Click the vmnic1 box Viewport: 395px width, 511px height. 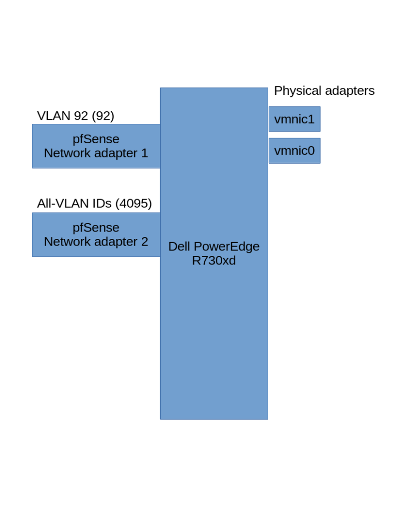point(294,119)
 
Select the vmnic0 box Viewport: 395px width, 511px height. point(294,150)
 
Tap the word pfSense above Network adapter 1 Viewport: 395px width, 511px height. point(96,139)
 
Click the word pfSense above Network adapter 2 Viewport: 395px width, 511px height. point(96,227)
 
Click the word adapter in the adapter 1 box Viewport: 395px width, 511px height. point(116,153)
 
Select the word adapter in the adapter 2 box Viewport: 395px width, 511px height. point(116,241)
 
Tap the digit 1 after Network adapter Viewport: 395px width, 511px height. point(145,153)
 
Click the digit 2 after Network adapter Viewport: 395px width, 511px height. point(144,241)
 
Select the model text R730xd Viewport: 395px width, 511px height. point(214,260)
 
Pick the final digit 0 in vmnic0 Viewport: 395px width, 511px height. point(311,150)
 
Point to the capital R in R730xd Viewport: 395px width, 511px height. point(196,260)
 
